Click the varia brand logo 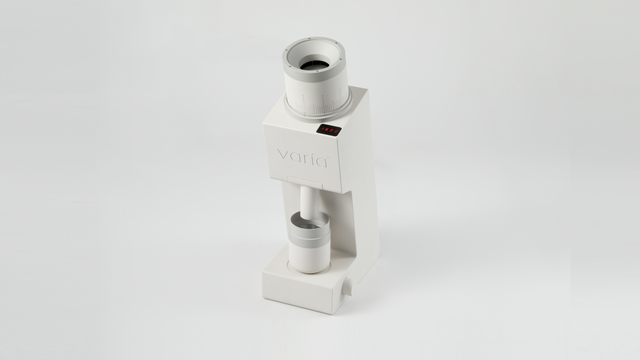(x=302, y=158)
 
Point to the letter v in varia (x=282, y=156)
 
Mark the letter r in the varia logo (x=303, y=158)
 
